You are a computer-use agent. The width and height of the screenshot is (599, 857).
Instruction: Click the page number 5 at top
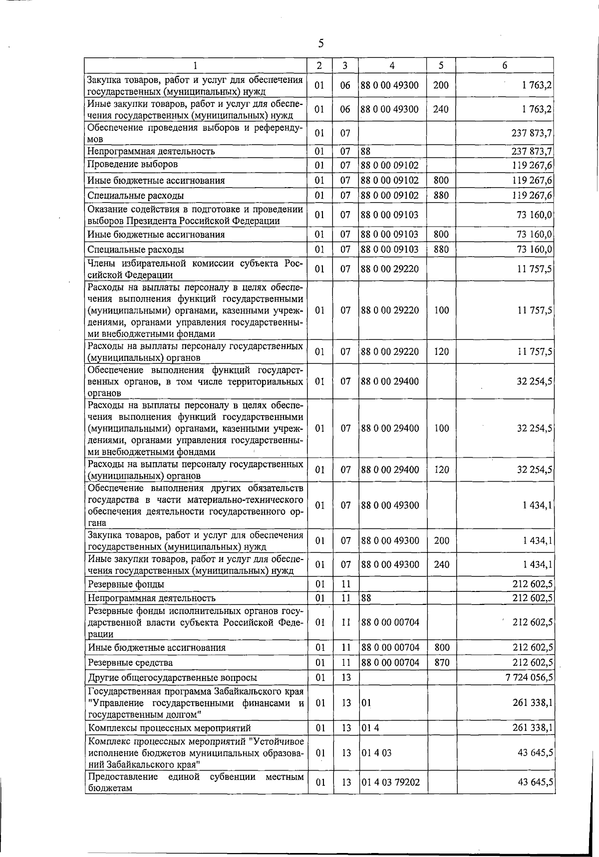[321, 44]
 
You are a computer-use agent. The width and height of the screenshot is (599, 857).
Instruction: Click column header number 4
[392, 65]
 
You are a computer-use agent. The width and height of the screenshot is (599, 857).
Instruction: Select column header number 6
[505, 65]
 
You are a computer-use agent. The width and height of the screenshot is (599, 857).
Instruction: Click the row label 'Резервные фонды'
[126, 584]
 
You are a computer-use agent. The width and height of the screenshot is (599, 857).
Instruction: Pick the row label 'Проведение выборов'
[132, 164]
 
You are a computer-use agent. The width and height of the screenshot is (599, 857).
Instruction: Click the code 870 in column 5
[441, 662]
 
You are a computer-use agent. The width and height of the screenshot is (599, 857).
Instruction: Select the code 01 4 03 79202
[391, 782]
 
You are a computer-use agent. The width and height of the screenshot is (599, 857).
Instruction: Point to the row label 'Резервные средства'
[130, 663]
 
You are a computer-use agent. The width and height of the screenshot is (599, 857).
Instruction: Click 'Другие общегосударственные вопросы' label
[172, 678]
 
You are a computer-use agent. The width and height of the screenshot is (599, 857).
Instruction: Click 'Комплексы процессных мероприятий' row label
[169, 728]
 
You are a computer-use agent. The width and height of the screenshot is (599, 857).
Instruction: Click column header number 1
[195, 65]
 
